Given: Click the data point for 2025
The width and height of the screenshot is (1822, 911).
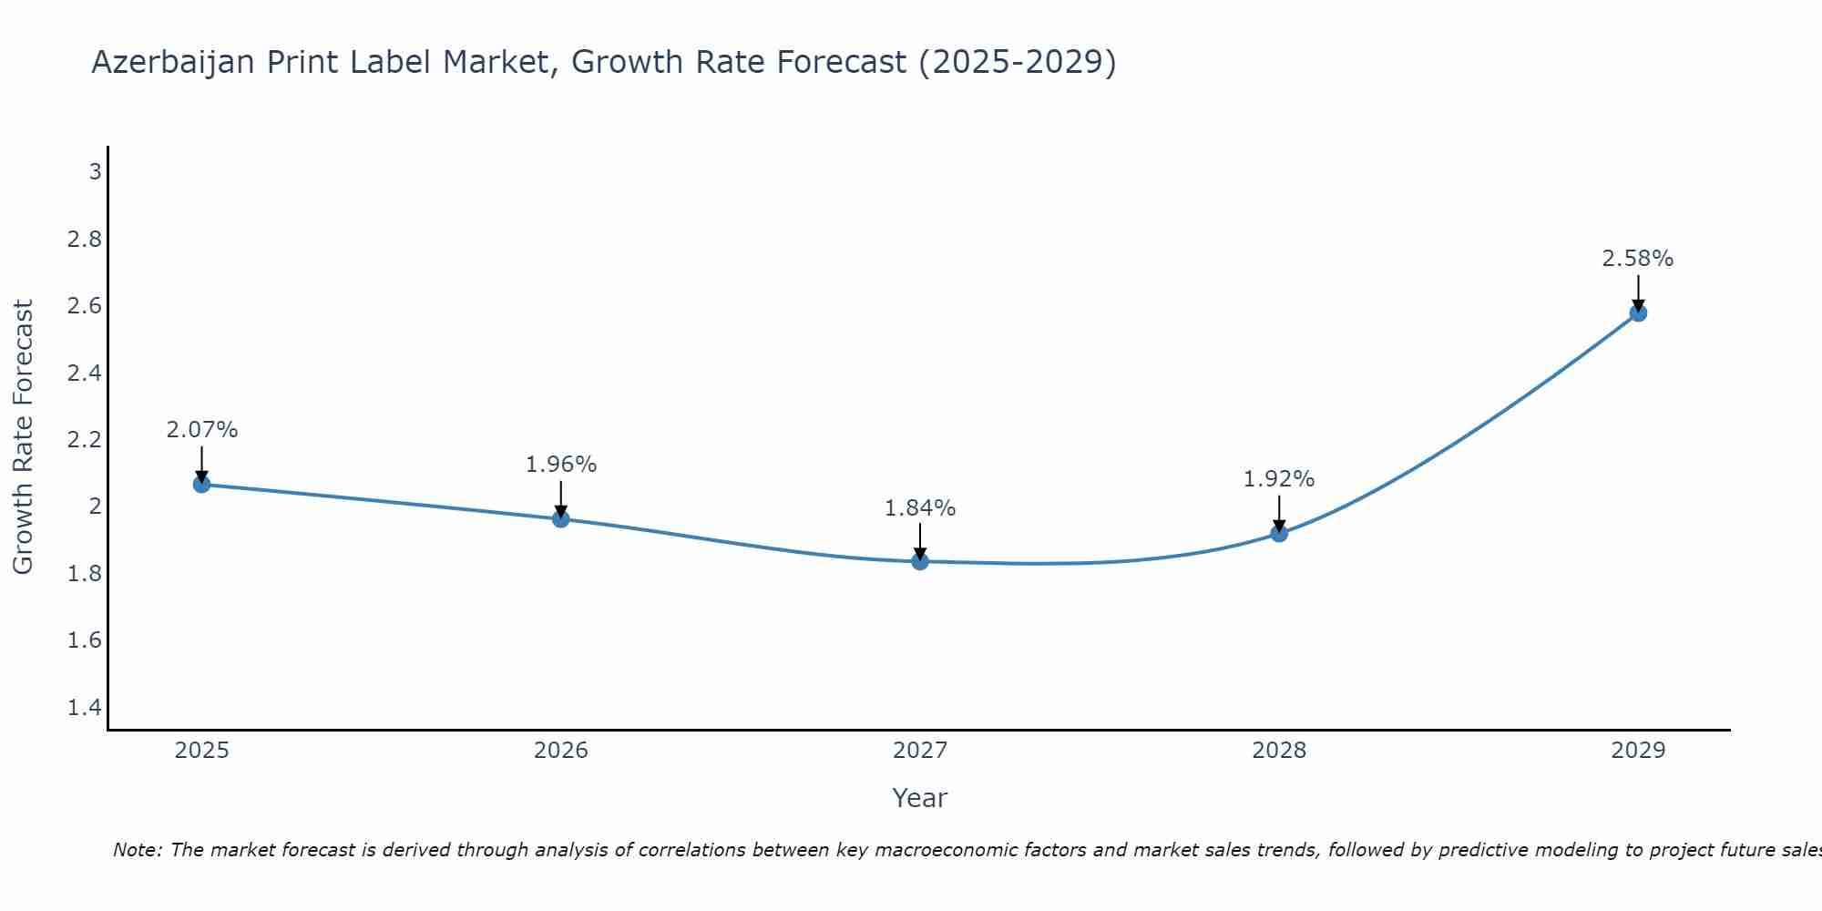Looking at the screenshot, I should [x=202, y=484].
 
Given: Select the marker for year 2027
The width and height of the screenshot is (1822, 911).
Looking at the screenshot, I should [x=920, y=561].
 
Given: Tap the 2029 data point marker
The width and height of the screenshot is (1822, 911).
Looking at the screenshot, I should [x=1638, y=313].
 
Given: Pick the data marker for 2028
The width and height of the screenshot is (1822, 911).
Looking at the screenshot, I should [x=1279, y=533].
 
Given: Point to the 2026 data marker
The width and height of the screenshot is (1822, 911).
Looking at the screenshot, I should [x=561, y=519].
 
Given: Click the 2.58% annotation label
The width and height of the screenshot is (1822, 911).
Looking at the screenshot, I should [x=1638, y=259].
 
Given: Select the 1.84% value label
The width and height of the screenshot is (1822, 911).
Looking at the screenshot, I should [x=920, y=508].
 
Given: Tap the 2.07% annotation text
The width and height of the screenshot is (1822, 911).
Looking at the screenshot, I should [x=202, y=430].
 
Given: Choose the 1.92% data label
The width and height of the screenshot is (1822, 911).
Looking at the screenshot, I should [x=1279, y=479].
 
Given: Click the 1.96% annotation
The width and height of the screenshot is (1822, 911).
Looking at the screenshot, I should [x=561, y=465].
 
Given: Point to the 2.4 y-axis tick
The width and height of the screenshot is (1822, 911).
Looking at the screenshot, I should [x=85, y=373].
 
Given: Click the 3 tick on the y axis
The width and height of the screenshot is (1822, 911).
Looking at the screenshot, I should [x=95, y=171].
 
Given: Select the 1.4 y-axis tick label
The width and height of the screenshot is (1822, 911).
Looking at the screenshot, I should [x=85, y=707].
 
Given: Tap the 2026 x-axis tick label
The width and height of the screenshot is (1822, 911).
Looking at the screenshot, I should [x=561, y=751].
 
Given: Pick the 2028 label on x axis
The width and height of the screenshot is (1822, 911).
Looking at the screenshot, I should [x=1279, y=751].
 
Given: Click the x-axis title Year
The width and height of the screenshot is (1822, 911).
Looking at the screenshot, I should [x=920, y=798].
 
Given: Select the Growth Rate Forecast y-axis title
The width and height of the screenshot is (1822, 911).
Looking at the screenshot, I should [x=23, y=437].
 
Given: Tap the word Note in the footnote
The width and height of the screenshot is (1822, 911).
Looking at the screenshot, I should [x=136, y=850].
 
